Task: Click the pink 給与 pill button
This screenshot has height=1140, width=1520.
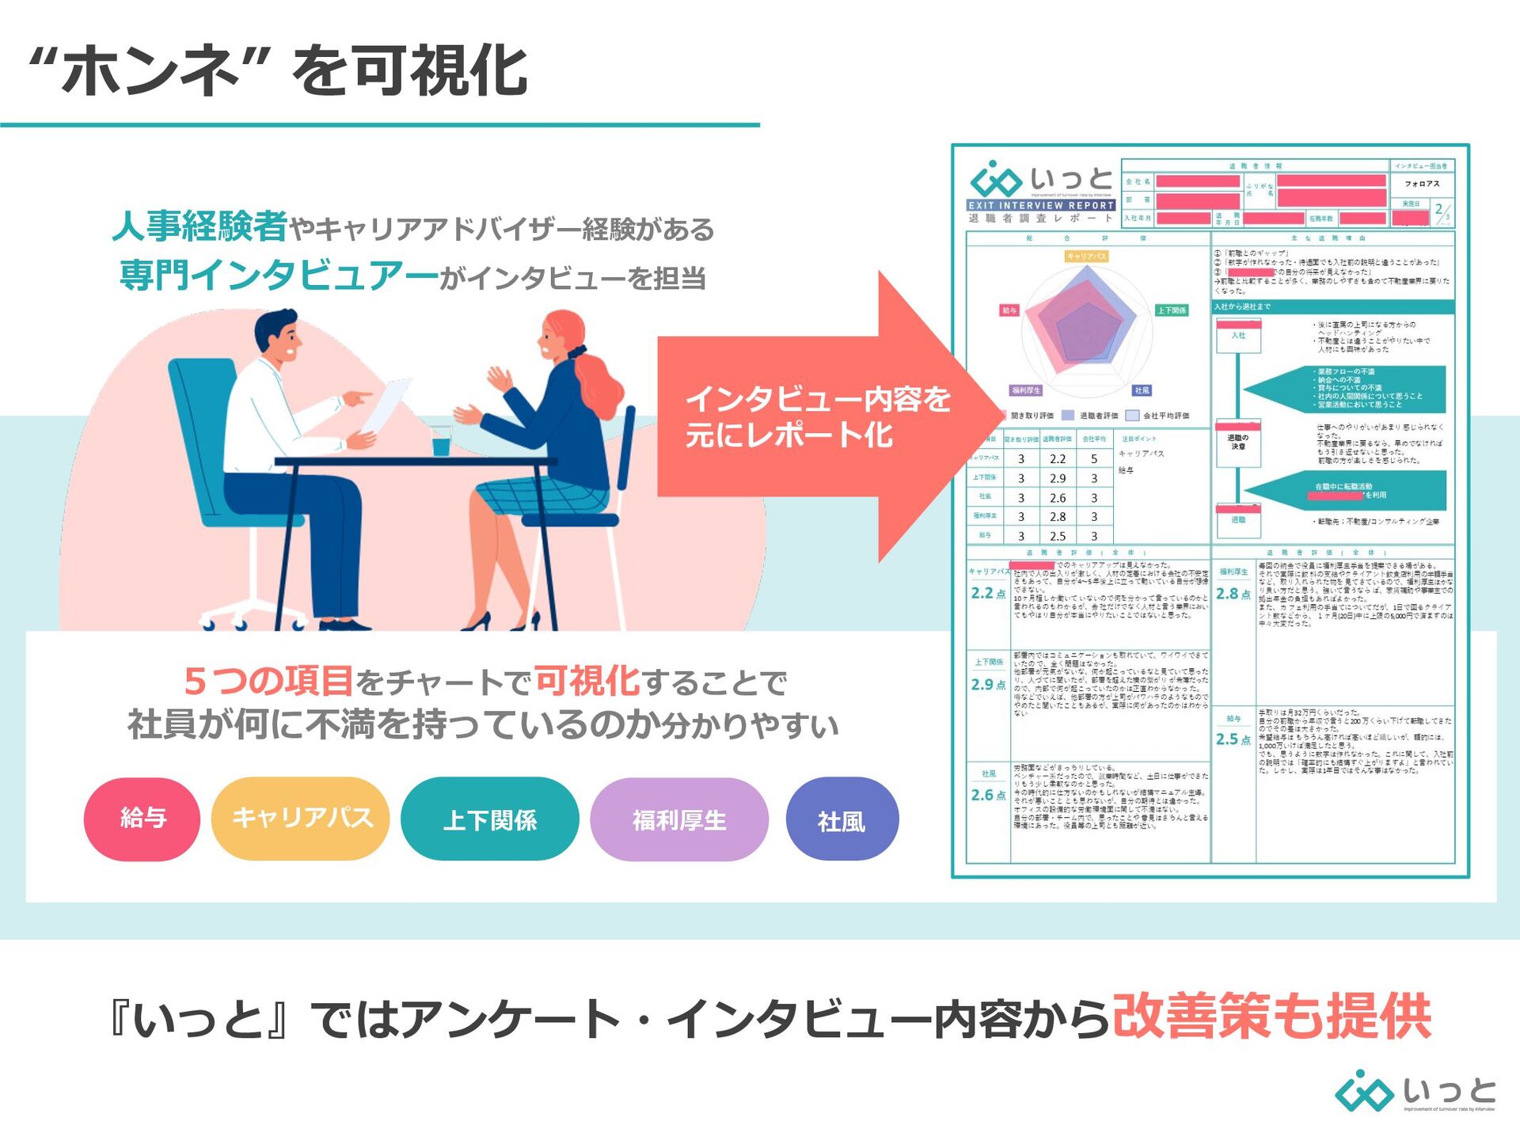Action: [x=142, y=819]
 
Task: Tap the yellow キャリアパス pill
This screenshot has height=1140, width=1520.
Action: [x=301, y=819]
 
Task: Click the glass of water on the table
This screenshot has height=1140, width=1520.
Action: [x=441, y=442]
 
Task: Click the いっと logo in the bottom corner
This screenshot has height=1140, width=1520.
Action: [x=1415, y=1092]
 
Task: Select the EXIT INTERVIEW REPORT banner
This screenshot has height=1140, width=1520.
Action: [x=1041, y=205]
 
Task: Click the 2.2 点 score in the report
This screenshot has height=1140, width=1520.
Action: [x=988, y=593]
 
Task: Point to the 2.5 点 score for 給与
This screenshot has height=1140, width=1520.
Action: [x=1233, y=739]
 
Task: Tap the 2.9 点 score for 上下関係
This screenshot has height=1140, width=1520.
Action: [x=988, y=685]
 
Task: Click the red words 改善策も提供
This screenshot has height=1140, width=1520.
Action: [x=1272, y=1016]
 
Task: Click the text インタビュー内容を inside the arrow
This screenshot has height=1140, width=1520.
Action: [x=818, y=399]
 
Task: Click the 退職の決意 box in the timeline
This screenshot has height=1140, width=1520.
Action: [x=1238, y=442]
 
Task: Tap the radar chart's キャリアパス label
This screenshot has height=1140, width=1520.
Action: [x=1086, y=256]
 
